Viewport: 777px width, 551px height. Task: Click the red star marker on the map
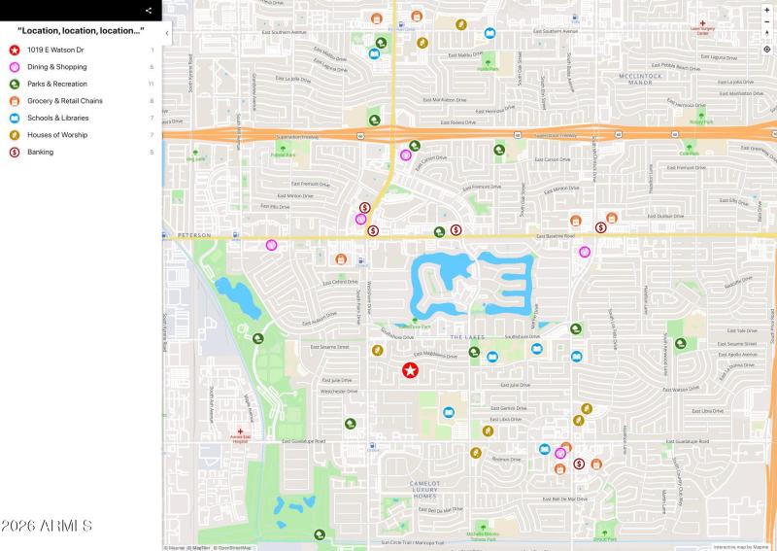[x=410, y=370]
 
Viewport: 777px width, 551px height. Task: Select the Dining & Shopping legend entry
[x=57, y=67]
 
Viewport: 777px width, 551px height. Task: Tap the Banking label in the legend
[x=41, y=152]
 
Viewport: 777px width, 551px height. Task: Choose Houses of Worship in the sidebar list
[x=57, y=135]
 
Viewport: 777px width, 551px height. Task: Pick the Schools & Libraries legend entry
[x=57, y=118]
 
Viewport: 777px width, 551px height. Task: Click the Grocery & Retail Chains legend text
[x=64, y=101]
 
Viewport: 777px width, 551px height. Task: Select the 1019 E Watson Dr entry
[x=56, y=50]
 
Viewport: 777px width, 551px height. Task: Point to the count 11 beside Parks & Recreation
[x=152, y=84]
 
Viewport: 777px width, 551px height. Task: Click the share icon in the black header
[x=149, y=10]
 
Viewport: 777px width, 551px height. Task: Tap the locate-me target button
[x=766, y=49]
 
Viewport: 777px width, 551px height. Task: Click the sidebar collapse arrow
[x=167, y=33]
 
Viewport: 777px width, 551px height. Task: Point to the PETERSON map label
[x=194, y=235]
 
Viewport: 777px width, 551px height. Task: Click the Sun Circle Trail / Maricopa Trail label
[x=413, y=542]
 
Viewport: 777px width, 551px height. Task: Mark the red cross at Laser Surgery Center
[x=702, y=22]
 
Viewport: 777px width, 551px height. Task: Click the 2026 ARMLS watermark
[x=47, y=526]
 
